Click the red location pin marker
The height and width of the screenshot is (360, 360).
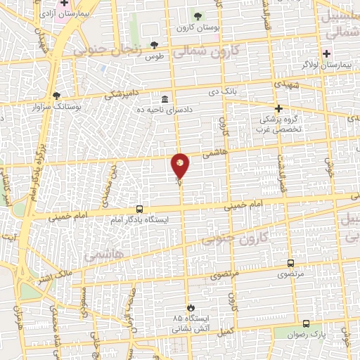coord(181,166)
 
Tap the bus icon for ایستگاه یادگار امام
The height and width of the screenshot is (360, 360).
coord(139,210)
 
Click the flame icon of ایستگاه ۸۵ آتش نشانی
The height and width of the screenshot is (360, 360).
coord(190,307)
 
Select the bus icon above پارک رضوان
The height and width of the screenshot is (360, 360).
coord(306,323)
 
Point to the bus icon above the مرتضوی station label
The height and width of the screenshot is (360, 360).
coord(290,263)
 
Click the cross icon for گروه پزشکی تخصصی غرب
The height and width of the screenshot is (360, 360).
coord(278,108)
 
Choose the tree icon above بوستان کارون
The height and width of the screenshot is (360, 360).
coord(197,16)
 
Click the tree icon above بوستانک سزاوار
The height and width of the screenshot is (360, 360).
coord(57,96)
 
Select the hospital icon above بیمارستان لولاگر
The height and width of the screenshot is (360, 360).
coord(326,53)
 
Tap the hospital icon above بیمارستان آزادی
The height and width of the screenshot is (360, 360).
coord(63,3)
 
